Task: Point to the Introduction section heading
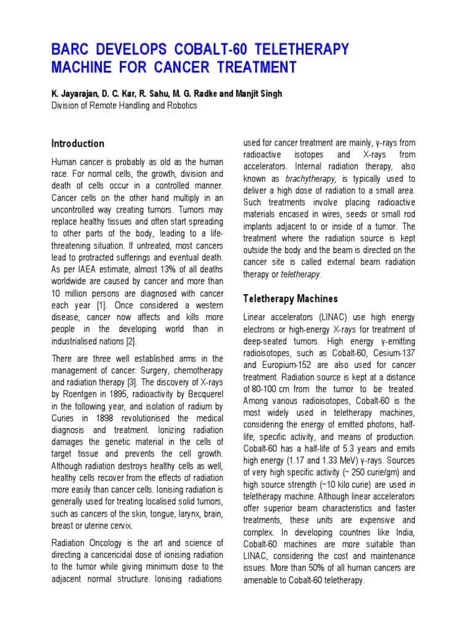pos(77,144)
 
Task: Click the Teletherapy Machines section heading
pos(291,299)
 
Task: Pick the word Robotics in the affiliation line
pos(180,105)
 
